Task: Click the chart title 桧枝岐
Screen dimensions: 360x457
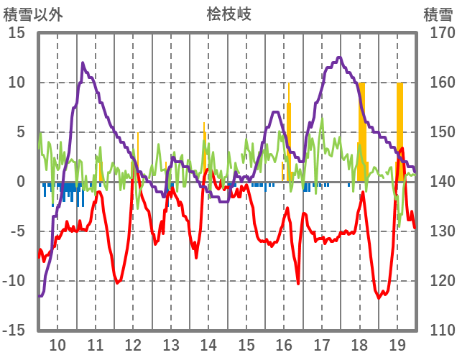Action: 228,14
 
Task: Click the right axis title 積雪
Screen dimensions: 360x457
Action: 438,14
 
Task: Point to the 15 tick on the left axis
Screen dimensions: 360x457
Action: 17,33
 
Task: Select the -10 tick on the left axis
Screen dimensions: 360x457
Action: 14,281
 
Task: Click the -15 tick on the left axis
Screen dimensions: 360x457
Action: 14,331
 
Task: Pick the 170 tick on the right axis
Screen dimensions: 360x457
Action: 436,33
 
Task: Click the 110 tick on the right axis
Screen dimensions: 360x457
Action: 436,331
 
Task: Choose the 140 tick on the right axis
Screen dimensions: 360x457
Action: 436,182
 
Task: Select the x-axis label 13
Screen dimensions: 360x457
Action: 171,343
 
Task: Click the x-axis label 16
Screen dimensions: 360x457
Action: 285,343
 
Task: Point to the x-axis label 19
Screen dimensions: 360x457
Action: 397,343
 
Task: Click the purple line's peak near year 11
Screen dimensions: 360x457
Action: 83,63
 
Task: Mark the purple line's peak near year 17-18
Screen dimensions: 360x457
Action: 339,57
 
